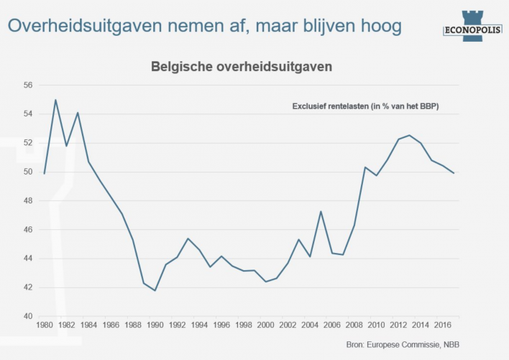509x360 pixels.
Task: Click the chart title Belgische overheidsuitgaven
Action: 241,67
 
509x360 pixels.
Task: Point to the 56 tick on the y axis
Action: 28,85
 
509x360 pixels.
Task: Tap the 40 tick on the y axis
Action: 28,316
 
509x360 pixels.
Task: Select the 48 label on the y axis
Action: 28,200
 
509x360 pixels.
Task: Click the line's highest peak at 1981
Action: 55,100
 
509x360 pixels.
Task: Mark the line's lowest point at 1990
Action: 155,290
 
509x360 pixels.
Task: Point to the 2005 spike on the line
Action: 321,211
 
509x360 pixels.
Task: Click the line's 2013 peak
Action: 410,135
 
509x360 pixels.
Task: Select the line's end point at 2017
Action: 454,173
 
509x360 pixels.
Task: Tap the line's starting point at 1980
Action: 45,173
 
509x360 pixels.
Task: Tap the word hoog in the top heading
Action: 377,26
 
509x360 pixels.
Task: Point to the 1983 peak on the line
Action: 78,113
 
